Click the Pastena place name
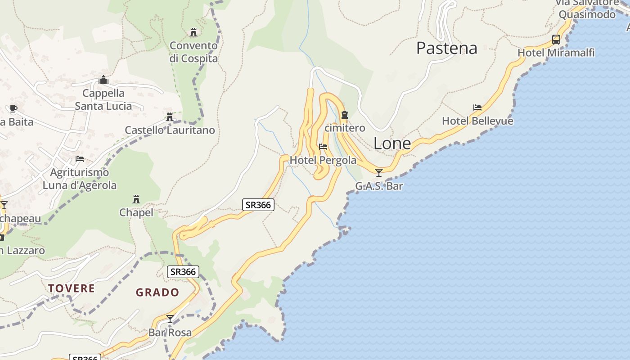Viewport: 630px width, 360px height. (446, 48)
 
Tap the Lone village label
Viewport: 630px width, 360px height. (392, 144)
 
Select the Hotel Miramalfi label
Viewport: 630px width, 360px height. (556, 53)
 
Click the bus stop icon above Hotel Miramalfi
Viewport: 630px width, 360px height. (556, 40)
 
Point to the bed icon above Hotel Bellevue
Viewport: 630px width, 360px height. (477, 108)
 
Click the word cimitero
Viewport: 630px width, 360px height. (345, 128)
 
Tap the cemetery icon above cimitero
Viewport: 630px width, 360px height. (345, 115)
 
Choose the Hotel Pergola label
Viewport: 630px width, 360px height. (323, 160)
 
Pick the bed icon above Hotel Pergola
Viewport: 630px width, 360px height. (323, 147)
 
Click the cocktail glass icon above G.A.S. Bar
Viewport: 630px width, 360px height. (379, 172)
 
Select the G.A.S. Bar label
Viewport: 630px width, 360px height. (379, 186)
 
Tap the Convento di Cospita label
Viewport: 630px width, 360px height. (193, 52)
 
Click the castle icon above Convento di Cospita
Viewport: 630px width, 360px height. (193, 32)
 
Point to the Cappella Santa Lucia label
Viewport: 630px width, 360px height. (103, 99)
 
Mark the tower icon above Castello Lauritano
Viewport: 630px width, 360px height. (170, 117)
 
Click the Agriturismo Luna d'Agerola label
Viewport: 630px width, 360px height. (80, 179)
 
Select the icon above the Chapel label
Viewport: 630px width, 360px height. (136, 199)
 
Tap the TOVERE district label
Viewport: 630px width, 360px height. (72, 288)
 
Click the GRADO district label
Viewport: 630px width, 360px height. (157, 292)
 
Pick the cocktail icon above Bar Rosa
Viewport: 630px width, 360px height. (170, 319)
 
